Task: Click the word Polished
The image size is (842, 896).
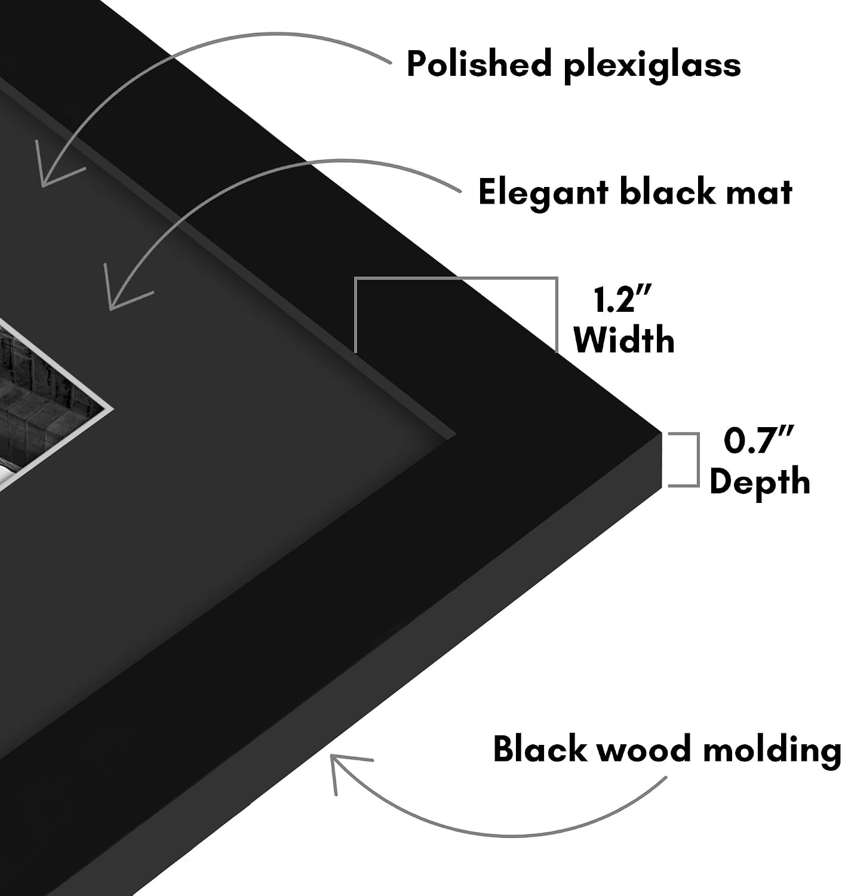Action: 479,63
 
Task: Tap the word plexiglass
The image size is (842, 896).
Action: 652,66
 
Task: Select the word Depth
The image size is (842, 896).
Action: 760,483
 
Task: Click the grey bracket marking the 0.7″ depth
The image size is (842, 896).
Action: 698,460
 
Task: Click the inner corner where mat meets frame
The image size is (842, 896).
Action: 456,434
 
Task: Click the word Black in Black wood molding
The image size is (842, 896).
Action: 540,748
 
